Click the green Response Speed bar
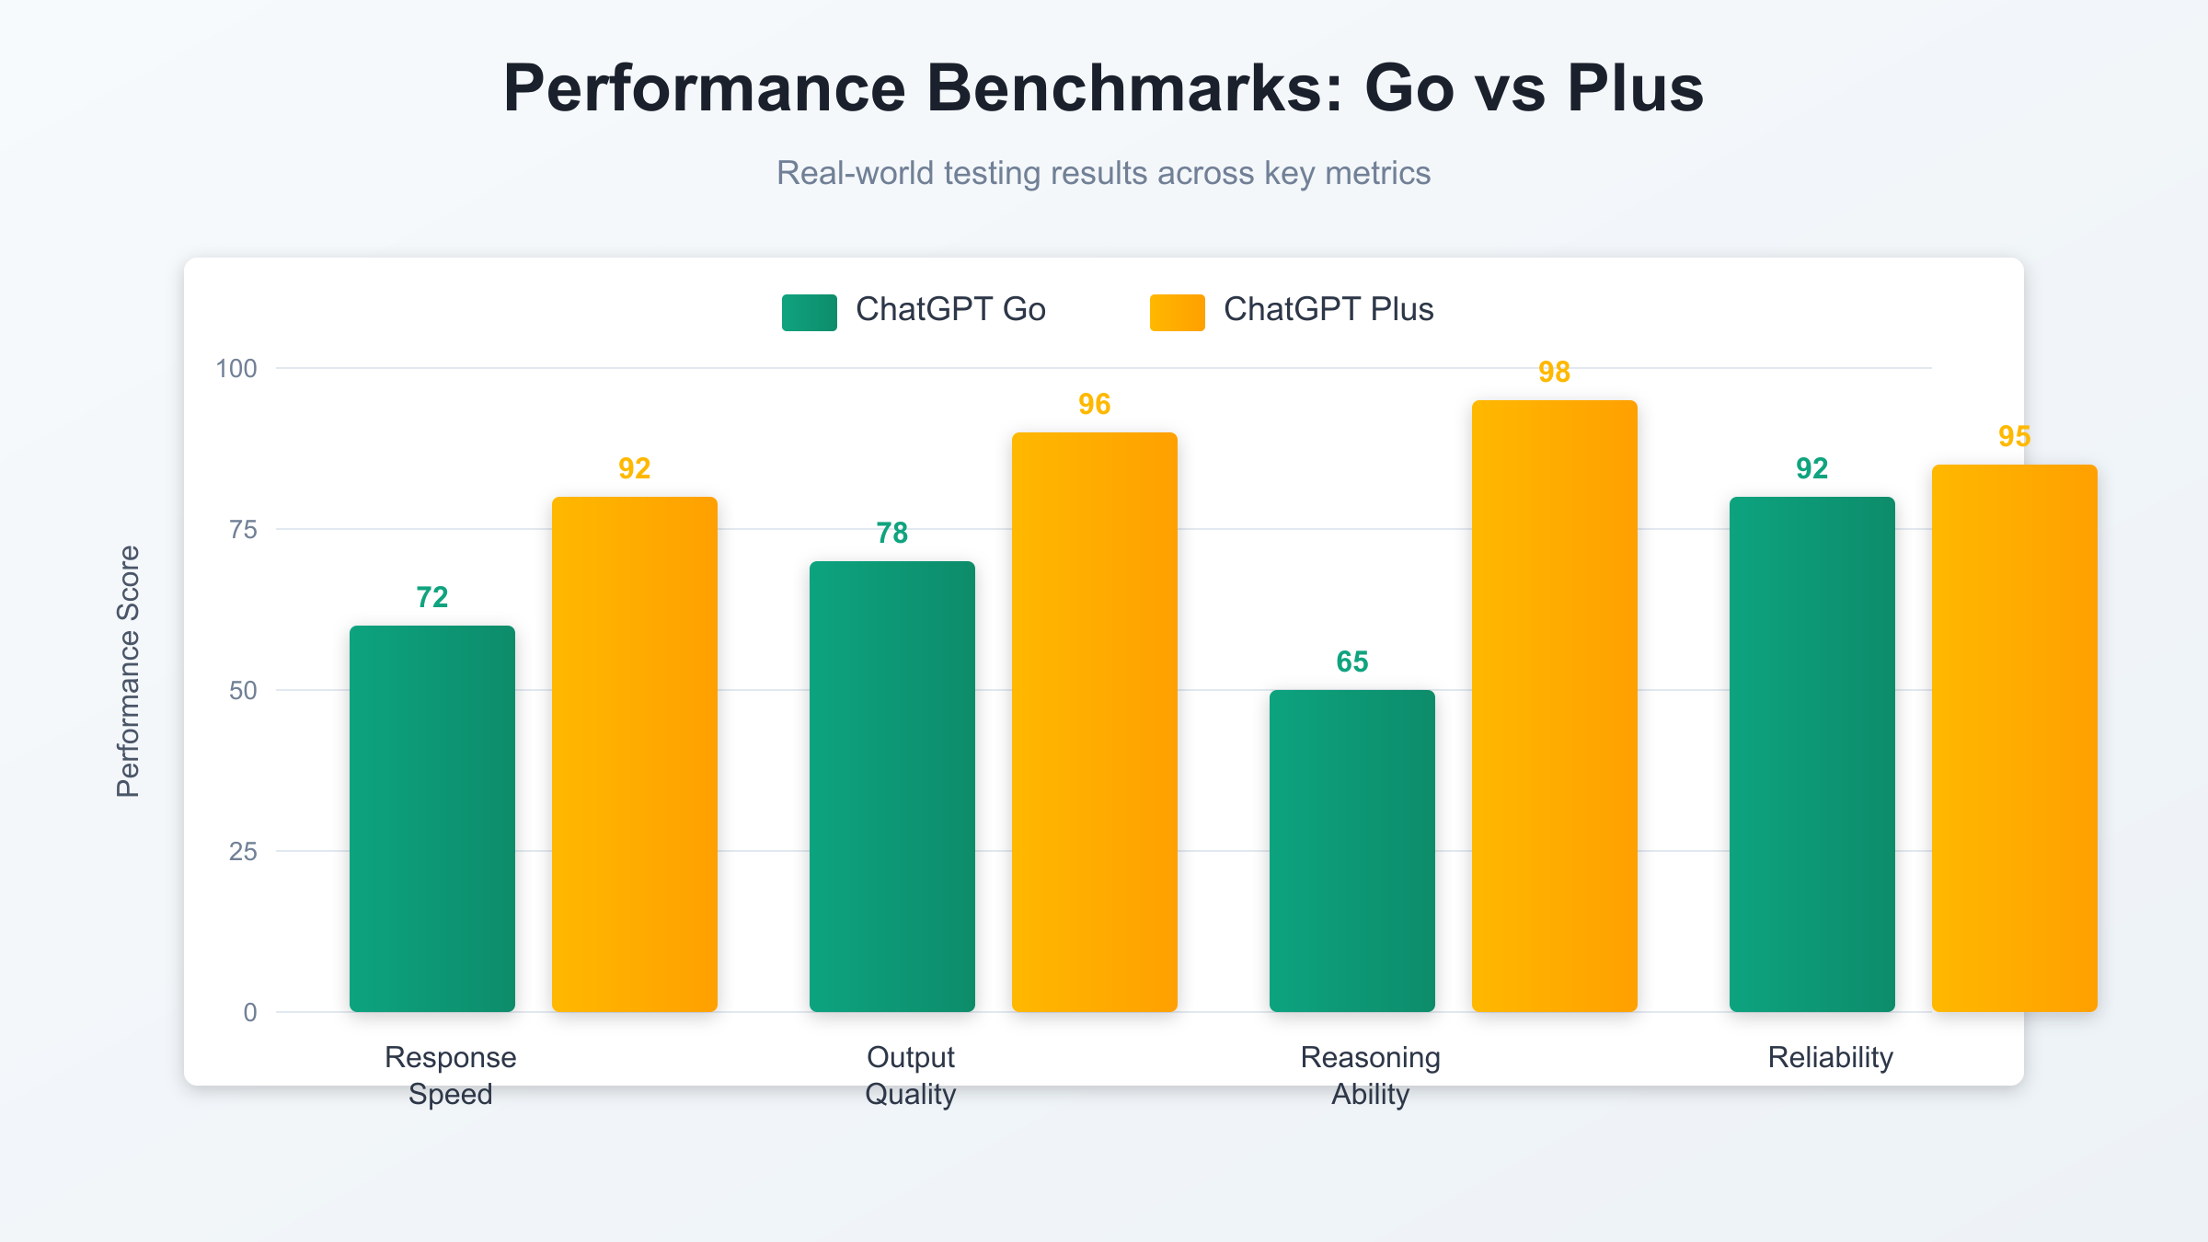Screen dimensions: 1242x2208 tap(432, 819)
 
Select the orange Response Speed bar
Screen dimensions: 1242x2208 tap(635, 754)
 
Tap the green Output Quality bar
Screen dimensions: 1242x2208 tap(892, 787)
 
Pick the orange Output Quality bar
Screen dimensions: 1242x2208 tap(1095, 722)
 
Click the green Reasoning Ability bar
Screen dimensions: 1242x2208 tap(1352, 851)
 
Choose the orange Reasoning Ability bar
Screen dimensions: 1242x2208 tap(1555, 707)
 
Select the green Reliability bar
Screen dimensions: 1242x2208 tap(1812, 754)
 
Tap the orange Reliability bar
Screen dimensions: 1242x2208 tap(2015, 738)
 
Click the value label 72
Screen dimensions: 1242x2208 tap(432, 597)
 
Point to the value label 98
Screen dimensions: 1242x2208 tap(1555, 372)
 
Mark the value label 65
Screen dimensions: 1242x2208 tap(1352, 661)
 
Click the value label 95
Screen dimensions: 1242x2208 tap(2015, 436)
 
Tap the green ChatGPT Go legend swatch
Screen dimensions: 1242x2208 tap(810, 312)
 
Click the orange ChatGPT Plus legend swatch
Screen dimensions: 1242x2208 tap(1178, 312)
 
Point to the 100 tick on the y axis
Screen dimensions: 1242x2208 tap(236, 369)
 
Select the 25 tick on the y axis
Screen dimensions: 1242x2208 tap(243, 852)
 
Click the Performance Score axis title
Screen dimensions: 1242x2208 tap(128, 672)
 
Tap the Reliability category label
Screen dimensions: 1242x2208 tap(1831, 1057)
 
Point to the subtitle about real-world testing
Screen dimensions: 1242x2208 tap(1103, 173)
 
